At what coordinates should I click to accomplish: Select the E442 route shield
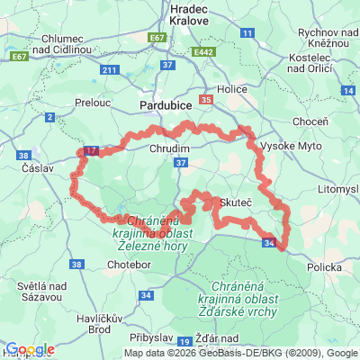203,54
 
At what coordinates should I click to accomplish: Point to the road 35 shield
207,100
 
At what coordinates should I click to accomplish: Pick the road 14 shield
347,91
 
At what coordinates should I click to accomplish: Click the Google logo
30,349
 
